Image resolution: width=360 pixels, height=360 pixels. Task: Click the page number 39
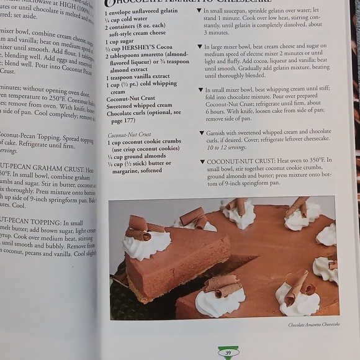coord(228,353)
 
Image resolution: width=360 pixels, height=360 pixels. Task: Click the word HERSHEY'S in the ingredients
coord(132,48)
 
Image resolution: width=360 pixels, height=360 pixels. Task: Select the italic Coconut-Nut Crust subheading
coord(129,135)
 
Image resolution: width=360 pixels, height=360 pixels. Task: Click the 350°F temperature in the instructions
coord(318,160)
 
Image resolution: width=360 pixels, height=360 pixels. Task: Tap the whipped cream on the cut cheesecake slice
coord(146,245)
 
